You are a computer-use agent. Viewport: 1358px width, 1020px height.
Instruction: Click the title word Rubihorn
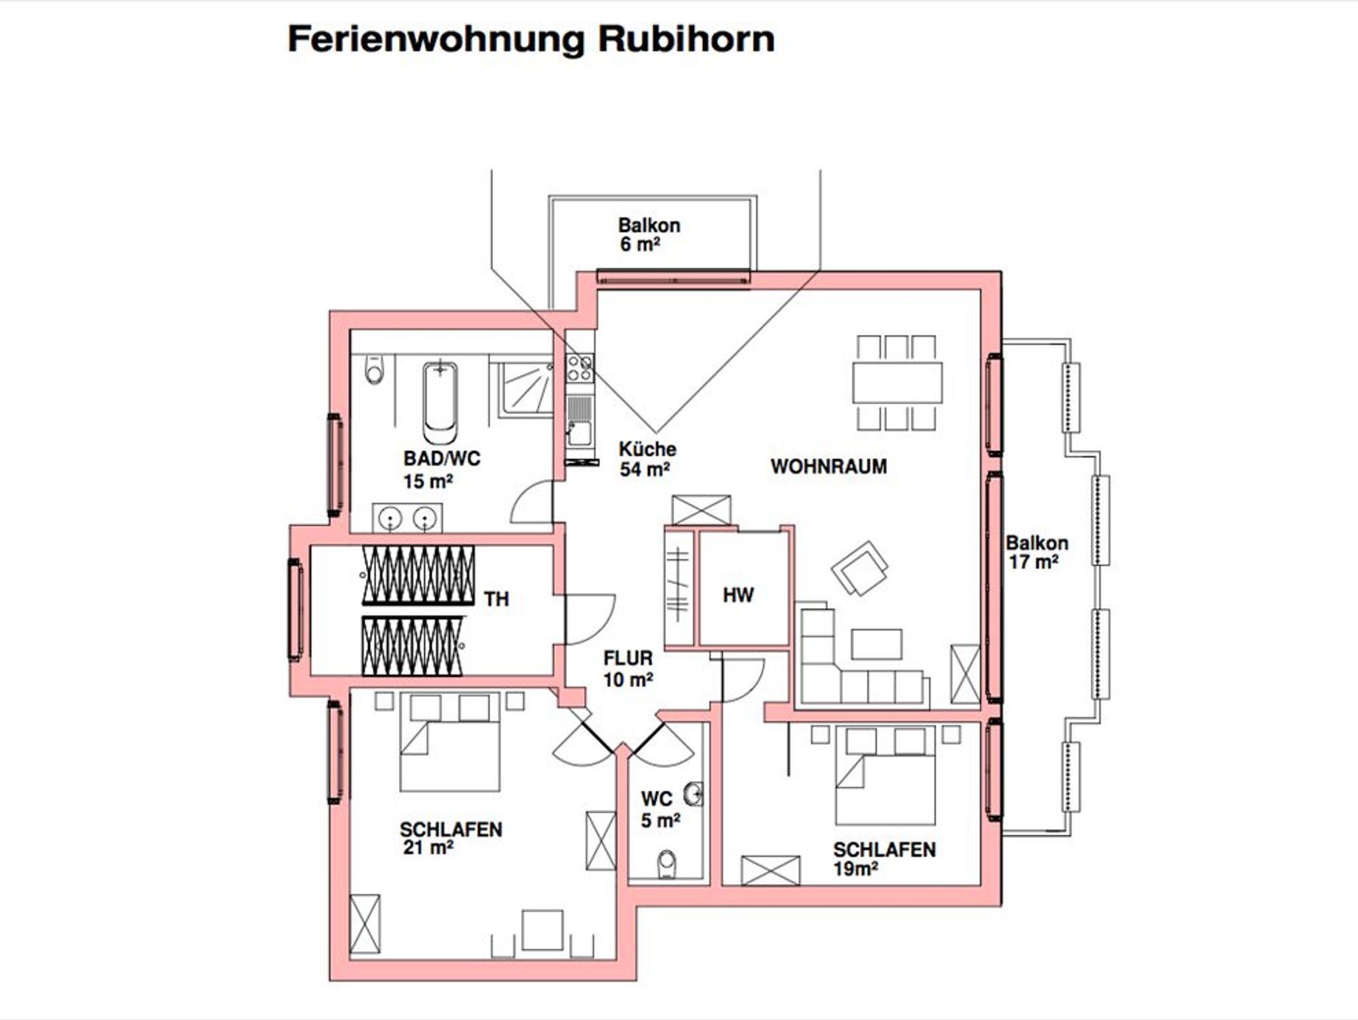[686, 39]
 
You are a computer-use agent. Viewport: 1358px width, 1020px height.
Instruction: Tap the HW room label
[737, 595]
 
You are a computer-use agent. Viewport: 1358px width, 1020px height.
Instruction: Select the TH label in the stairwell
[496, 599]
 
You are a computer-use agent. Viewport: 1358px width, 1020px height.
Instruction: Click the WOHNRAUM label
[828, 466]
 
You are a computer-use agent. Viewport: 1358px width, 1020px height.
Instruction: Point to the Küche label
[647, 449]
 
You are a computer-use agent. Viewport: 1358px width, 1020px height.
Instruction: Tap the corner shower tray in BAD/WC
[526, 390]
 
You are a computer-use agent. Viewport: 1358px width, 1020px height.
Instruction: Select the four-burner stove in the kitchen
[580, 368]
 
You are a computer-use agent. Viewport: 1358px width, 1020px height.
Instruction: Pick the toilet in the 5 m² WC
[666, 864]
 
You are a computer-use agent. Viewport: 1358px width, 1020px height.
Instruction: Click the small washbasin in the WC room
[695, 793]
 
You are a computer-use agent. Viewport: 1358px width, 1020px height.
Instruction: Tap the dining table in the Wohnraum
[897, 383]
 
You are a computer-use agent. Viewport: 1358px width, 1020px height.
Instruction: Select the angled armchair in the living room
[859, 568]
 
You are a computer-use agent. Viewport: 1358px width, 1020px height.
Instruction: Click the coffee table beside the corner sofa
[876, 644]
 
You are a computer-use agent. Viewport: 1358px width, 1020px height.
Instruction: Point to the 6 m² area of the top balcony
[640, 245]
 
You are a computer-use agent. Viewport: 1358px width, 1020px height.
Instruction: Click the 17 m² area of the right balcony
[1033, 562]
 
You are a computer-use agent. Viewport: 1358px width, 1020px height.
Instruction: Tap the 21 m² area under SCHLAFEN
[428, 848]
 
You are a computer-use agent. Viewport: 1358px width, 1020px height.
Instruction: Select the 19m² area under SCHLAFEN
[855, 869]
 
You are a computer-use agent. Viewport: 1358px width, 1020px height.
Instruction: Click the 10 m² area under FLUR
[628, 680]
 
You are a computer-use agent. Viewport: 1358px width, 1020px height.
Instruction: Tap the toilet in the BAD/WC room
[375, 371]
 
